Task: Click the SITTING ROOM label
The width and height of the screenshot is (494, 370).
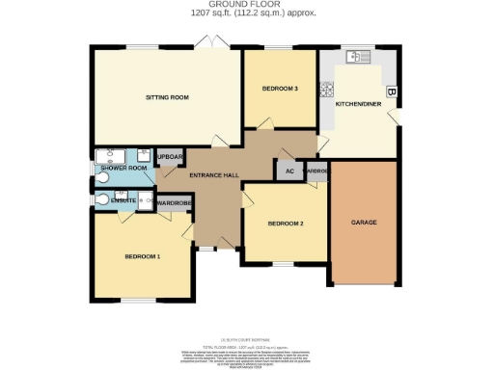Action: pos(166,97)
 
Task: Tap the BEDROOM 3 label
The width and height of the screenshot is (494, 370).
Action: pos(280,89)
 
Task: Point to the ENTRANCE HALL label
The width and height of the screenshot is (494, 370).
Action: pos(213,174)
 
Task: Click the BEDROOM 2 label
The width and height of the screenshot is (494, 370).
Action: pos(286,224)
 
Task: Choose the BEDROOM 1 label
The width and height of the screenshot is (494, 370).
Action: pos(142,256)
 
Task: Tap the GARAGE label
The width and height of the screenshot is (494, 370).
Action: pos(364,223)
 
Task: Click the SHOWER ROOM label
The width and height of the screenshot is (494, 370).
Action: pos(124,169)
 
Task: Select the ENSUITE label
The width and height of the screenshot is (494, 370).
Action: pos(123,198)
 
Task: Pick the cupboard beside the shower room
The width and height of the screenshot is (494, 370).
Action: pos(170,157)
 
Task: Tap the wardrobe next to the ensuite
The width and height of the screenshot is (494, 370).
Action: pos(175,203)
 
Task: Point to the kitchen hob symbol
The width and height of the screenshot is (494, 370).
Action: pos(328,91)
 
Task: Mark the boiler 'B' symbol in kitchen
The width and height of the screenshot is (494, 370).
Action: pos(391,92)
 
